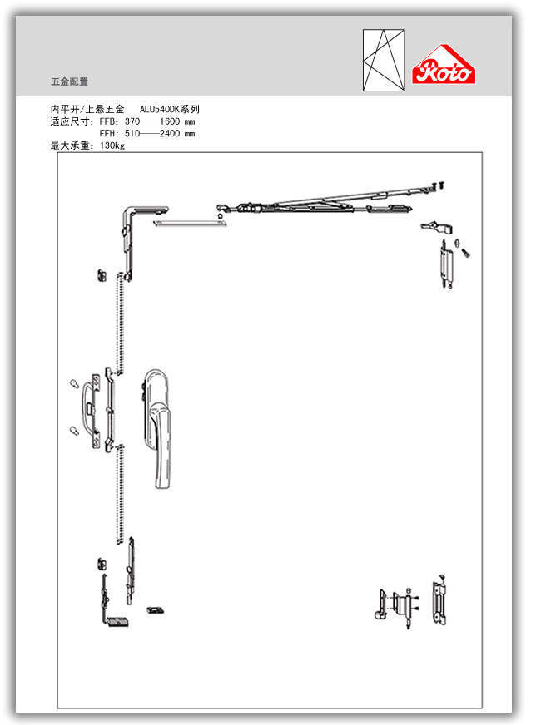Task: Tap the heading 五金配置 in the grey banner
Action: point(69,81)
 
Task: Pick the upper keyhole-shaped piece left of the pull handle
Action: point(73,385)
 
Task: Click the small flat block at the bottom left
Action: point(117,620)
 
